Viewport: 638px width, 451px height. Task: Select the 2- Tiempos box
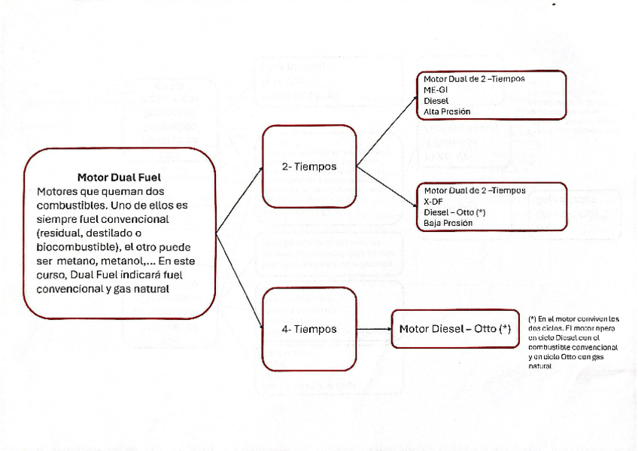click(x=309, y=166)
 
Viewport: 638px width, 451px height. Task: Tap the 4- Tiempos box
click(x=309, y=329)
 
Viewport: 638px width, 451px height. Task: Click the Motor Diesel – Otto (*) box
click(x=454, y=328)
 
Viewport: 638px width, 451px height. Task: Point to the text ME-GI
click(x=436, y=89)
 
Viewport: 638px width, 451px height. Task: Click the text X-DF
click(x=433, y=201)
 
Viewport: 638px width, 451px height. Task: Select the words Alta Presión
click(x=447, y=111)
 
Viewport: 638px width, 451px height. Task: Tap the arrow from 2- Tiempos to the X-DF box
click(x=387, y=186)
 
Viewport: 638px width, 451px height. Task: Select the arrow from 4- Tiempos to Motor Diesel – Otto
click(x=374, y=329)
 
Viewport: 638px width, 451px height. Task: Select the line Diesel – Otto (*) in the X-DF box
click(x=454, y=212)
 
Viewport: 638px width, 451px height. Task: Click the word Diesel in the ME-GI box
click(x=436, y=100)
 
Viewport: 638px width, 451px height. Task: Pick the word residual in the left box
click(x=62, y=232)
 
